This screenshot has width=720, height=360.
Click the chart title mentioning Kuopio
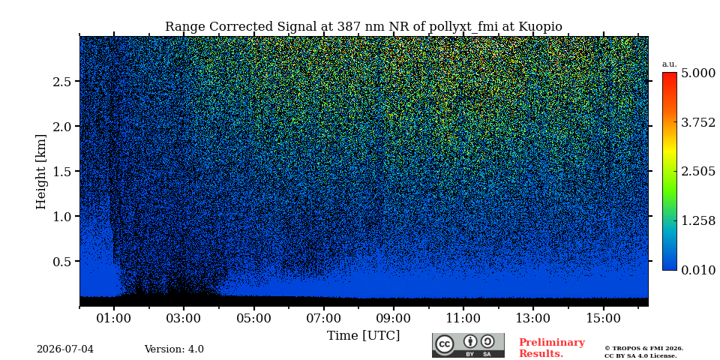[363, 27]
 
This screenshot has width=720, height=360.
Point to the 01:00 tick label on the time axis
[114, 318]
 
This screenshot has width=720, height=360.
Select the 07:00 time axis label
[324, 318]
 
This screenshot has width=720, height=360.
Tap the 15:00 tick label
[603, 318]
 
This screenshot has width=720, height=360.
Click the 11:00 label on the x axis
[463, 318]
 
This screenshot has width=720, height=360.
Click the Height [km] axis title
[41, 172]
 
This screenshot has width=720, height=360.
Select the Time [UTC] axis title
[363, 336]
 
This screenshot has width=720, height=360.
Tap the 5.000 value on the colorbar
[698, 73]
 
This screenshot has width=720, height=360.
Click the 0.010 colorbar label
[698, 270]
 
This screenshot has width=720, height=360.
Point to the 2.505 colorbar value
[698, 172]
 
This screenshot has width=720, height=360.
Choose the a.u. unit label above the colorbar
[670, 64]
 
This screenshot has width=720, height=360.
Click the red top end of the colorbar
[670, 73]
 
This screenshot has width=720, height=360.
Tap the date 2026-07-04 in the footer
[65, 349]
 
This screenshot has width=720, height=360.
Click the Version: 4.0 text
[174, 349]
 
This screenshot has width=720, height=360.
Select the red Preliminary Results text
[552, 348]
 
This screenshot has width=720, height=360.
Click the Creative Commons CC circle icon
[445, 344]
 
